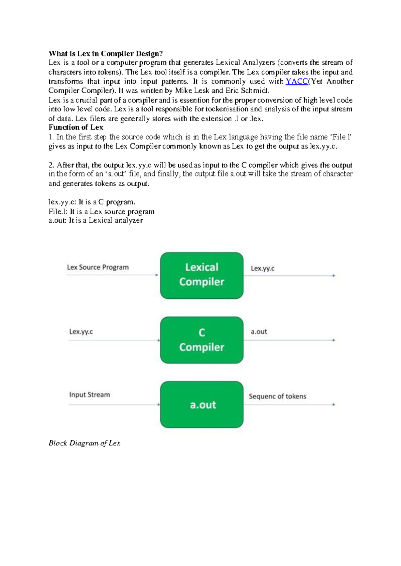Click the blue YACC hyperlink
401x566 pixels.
(297, 81)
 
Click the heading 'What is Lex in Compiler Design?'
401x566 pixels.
(106, 54)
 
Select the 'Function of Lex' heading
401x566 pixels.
(76, 127)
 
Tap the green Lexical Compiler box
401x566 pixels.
(202, 275)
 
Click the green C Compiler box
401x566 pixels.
(202, 340)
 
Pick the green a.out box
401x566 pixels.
(202, 404)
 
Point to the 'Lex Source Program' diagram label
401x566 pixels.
(98, 267)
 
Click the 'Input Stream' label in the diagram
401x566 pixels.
(89, 395)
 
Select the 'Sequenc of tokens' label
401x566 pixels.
(277, 396)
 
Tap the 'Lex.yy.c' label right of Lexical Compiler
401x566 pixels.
(262, 268)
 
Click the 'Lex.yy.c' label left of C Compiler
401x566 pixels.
(81, 332)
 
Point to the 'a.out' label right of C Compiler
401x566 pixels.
(259, 332)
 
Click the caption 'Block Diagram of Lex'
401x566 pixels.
(84, 443)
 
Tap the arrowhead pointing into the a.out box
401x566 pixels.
(159, 405)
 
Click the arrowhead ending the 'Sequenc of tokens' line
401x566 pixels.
(333, 405)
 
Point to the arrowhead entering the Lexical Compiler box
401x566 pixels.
(157, 275)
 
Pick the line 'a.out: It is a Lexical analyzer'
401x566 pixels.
(96, 221)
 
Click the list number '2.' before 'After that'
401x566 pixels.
(51, 165)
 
